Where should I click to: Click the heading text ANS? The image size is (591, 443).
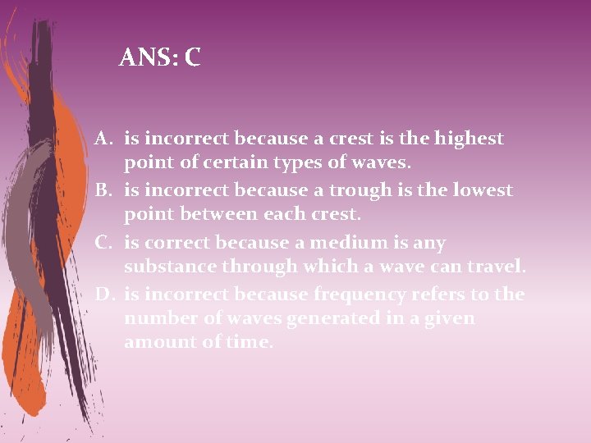point(149,57)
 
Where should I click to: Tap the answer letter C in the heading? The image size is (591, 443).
point(192,57)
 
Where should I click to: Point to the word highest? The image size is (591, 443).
point(466,139)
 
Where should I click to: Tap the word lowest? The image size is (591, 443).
point(477,190)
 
